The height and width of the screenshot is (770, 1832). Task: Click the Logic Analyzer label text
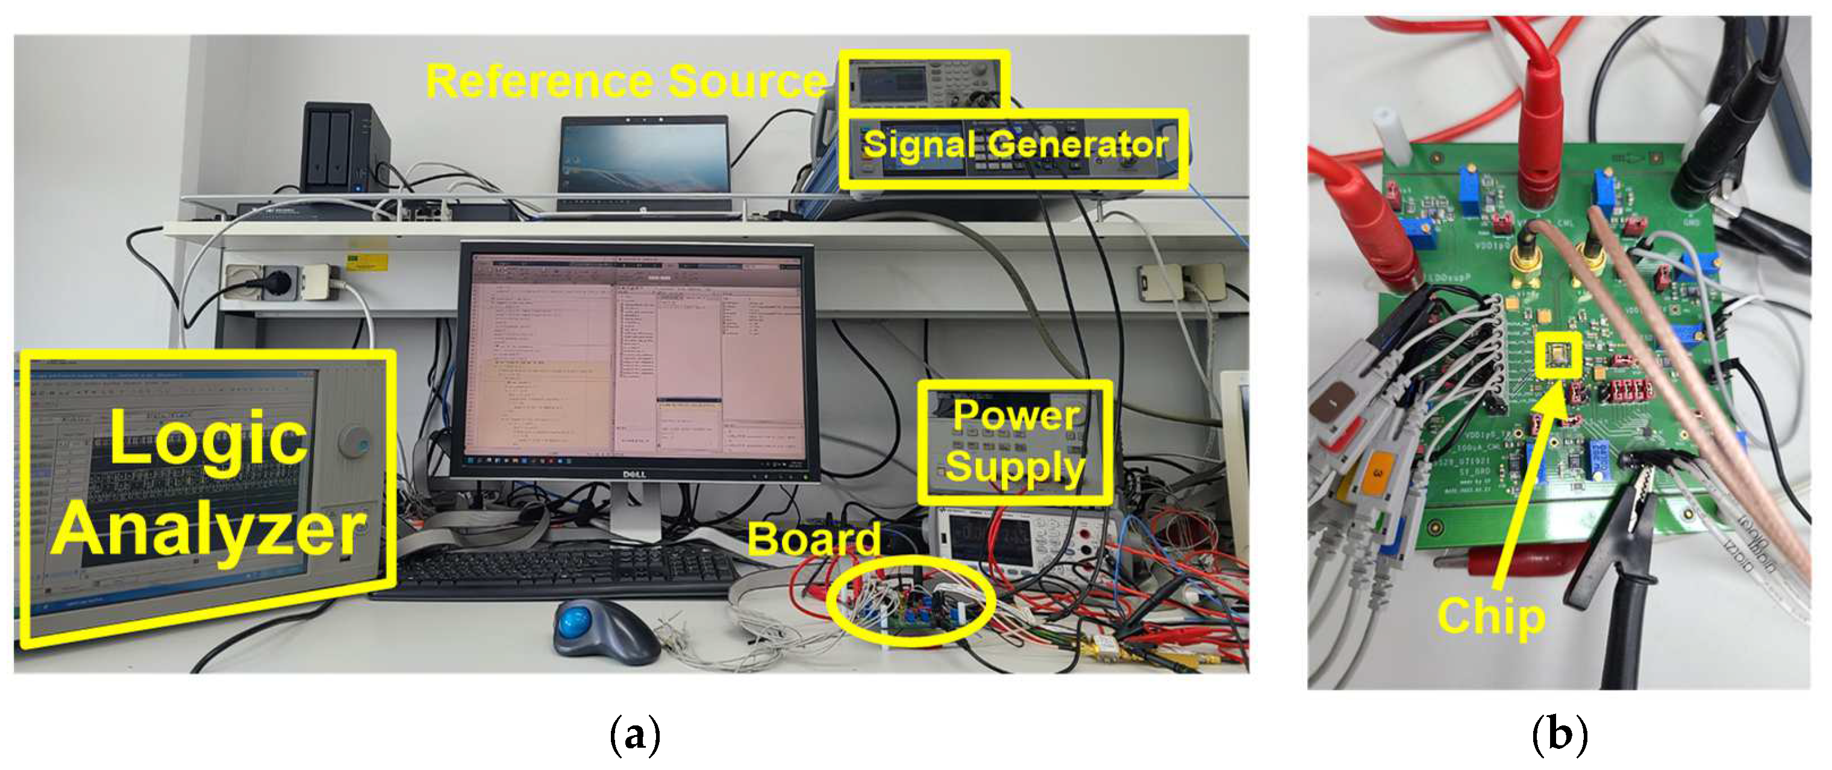pyautogui.click(x=208, y=483)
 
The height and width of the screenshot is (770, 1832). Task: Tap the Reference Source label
pyautogui.click(x=626, y=81)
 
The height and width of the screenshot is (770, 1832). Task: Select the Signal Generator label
pyautogui.click(x=1015, y=145)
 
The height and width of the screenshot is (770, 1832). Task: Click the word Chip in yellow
pyautogui.click(x=1492, y=616)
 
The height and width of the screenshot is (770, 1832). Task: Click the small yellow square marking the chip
pyautogui.click(x=1557, y=353)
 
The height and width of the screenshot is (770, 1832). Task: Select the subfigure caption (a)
pyautogui.click(x=635, y=736)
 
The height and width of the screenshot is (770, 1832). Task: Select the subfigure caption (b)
pyautogui.click(x=1559, y=736)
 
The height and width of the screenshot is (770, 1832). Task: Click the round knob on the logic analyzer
pyautogui.click(x=354, y=442)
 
